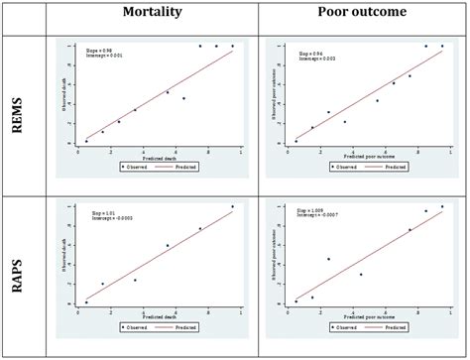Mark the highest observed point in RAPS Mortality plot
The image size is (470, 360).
point(233,206)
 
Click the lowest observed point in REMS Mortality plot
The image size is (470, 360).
point(86,141)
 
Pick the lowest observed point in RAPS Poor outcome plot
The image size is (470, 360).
point(295,301)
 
